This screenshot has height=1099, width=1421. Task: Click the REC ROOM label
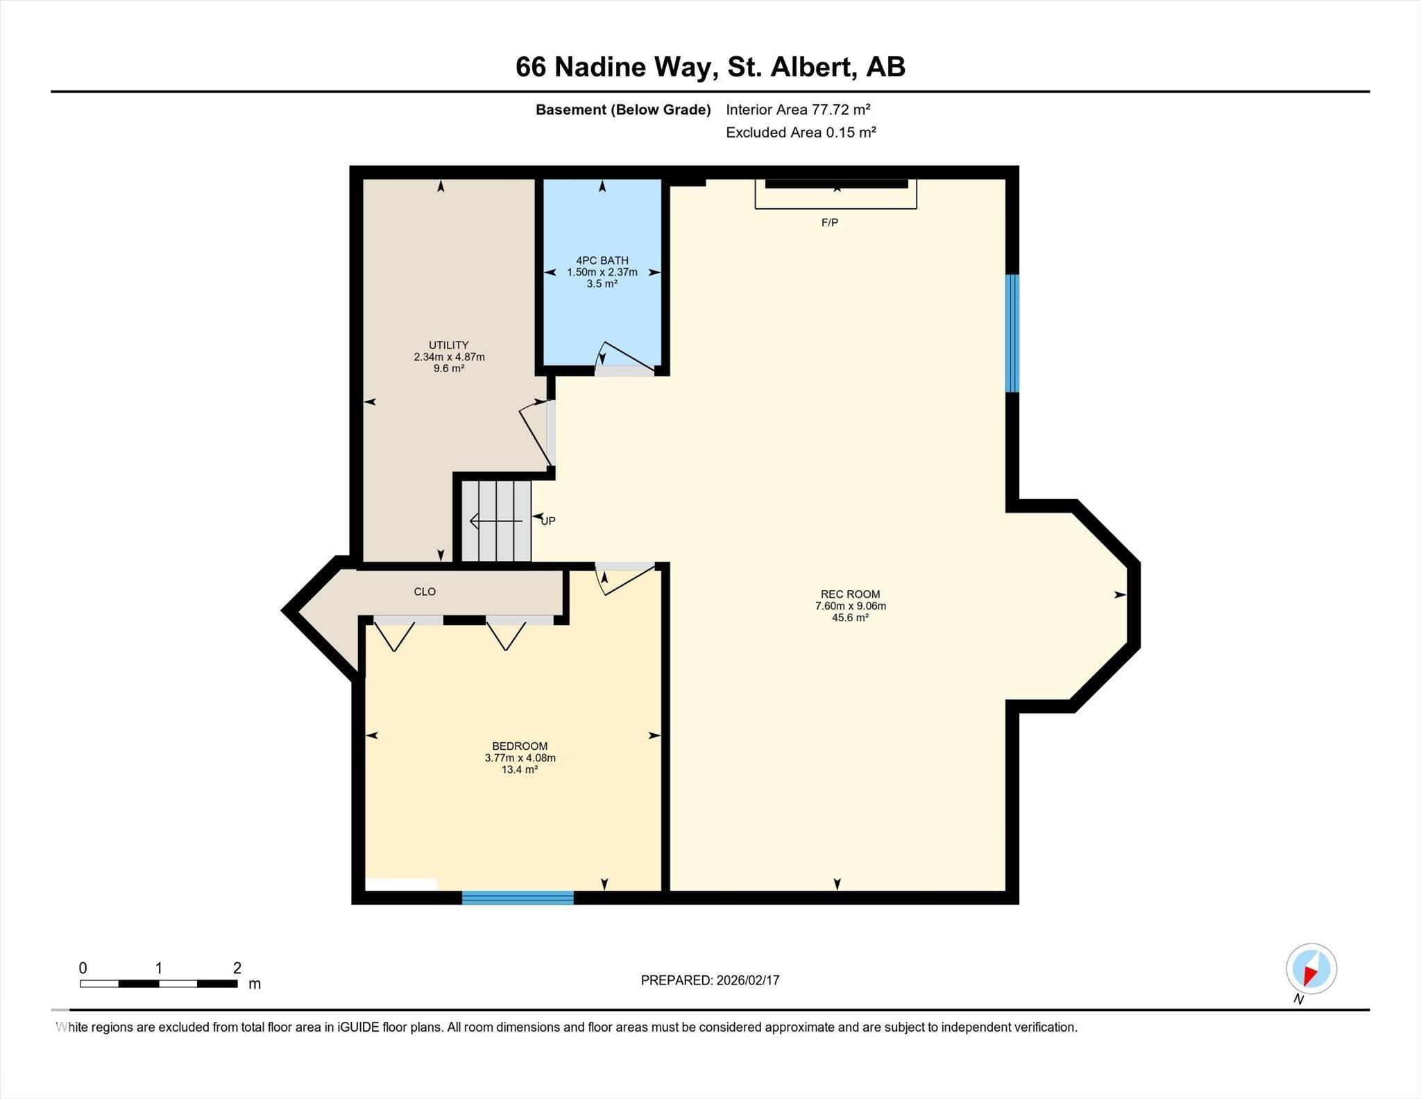point(850,594)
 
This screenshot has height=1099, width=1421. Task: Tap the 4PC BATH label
point(602,260)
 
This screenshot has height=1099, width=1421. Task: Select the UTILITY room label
point(448,345)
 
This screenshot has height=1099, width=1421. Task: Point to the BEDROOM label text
point(520,746)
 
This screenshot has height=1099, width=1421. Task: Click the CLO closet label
point(425,592)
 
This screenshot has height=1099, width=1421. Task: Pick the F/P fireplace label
point(830,223)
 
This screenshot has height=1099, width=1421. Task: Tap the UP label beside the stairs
point(548,521)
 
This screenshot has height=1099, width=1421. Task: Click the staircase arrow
point(495,521)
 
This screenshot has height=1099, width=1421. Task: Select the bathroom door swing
point(624,355)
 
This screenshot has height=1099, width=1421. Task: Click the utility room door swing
point(536,434)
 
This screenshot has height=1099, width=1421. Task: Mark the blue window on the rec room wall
point(1012,333)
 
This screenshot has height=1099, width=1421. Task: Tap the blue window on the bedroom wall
point(518,898)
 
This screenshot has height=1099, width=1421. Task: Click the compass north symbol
point(1311,969)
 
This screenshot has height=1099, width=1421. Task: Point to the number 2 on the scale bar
point(237,968)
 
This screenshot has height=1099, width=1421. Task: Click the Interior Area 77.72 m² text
point(798,110)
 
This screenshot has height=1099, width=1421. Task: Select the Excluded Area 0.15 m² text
point(801,133)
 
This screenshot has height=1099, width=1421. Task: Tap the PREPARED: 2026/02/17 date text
point(710,980)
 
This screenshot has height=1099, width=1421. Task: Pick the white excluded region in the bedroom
point(401,884)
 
